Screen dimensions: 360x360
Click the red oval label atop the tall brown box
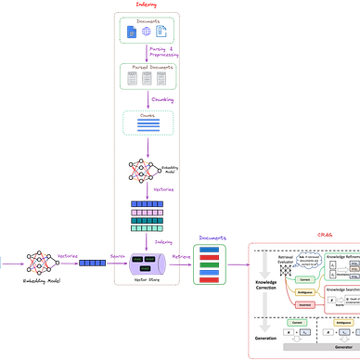click(147, 5)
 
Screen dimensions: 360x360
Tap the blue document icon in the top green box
click(146, 32)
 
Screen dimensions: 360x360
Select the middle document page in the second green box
click(147, 78)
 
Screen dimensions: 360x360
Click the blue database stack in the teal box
click(146, 122)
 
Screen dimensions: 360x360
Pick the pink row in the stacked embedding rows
click(147, 213)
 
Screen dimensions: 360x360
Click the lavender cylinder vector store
click(148, 264)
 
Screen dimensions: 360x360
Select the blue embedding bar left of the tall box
click(92, 264)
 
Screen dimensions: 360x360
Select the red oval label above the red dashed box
click(324, 233)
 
